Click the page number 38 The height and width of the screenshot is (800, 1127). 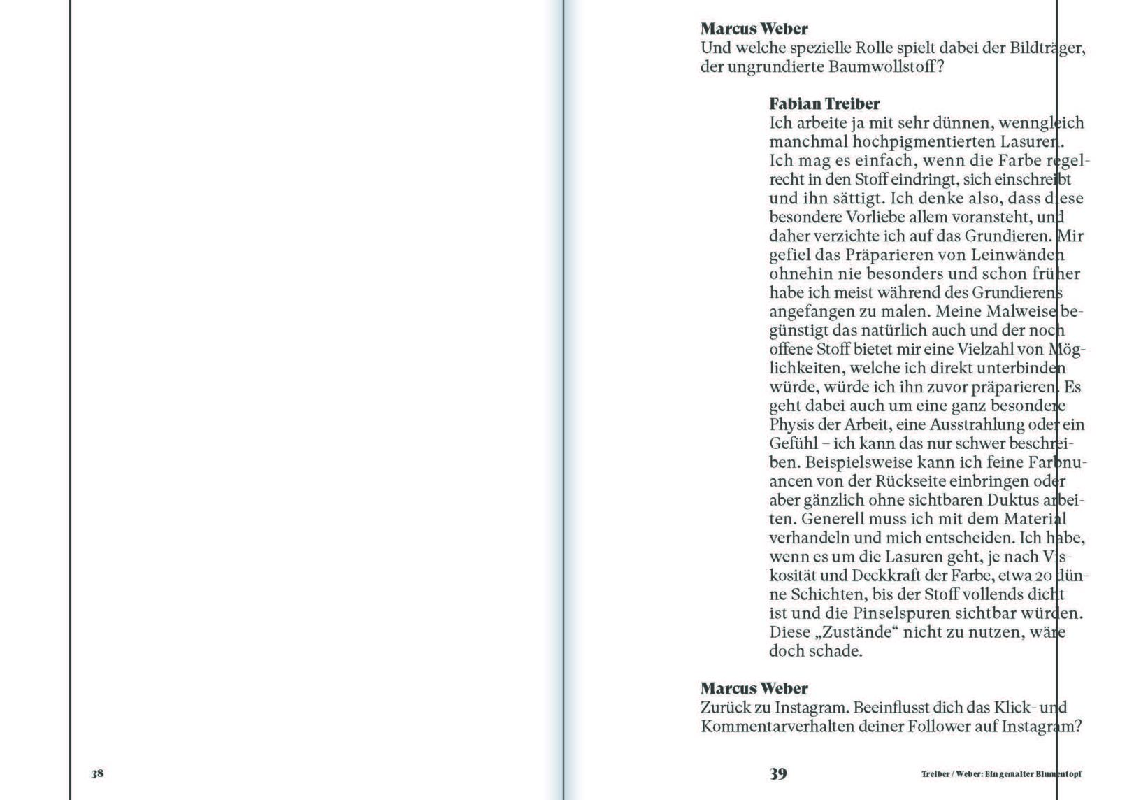(97, 773)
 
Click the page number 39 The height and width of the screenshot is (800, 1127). (778, 773)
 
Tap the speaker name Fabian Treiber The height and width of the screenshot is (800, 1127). (824, 104)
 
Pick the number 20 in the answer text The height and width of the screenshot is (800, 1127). (1044, 576)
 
